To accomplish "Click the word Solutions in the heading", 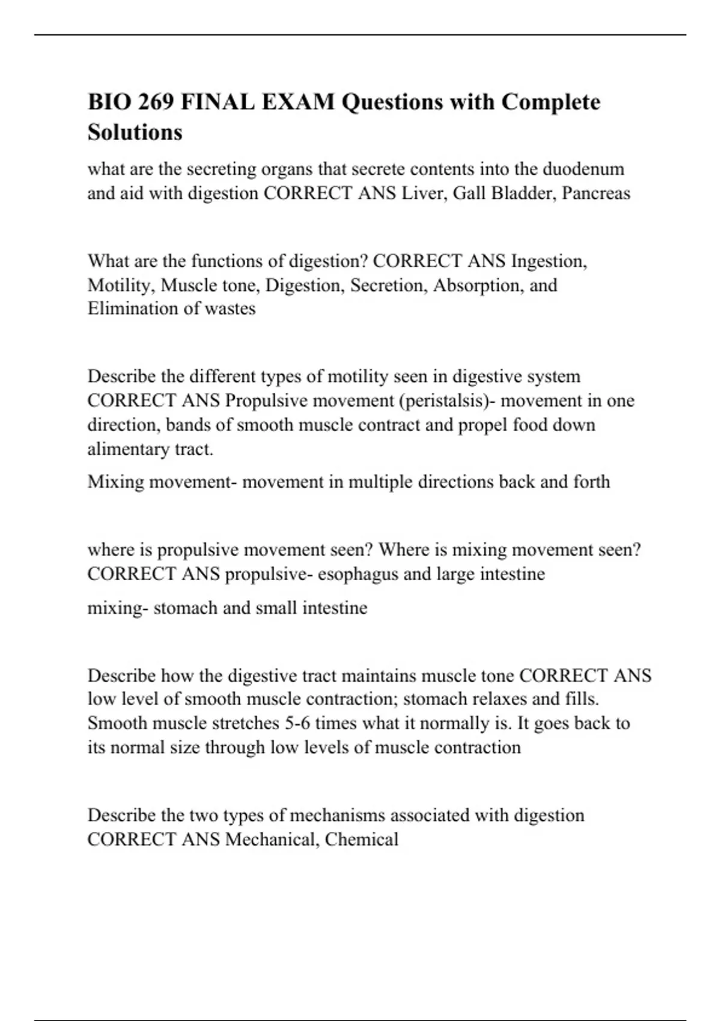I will point(135,132).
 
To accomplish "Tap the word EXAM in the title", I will point(297,102).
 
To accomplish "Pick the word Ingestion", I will point(549,261).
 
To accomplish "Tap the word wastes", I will point(231,309).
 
